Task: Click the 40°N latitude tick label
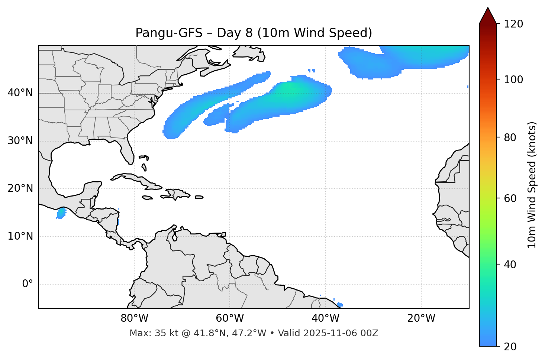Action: [20, 93]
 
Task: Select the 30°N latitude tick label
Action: [20, 141]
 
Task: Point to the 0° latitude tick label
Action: [28, 284]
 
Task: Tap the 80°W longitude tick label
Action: [134, 318]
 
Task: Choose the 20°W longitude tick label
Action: [421, 318]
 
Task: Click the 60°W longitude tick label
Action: [230, 318]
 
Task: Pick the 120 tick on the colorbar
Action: [513, 24]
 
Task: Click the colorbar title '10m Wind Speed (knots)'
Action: [532, 185]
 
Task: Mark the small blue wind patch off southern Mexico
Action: [61, 213]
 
